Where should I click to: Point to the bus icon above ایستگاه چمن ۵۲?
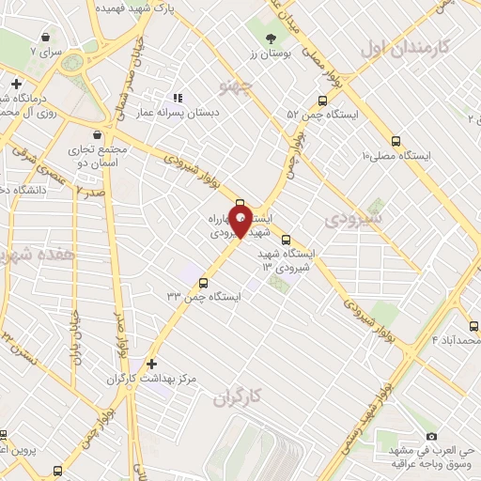click(x=323, y=100)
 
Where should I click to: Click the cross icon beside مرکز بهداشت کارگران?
click(x=151, y=363)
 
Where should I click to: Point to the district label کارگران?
click(x=236, y=397)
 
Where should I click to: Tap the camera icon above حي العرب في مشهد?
click(x=431, y=437)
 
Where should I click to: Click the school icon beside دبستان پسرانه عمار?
click(x=176, y=97)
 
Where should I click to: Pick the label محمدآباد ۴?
click(x=455, y=339)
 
